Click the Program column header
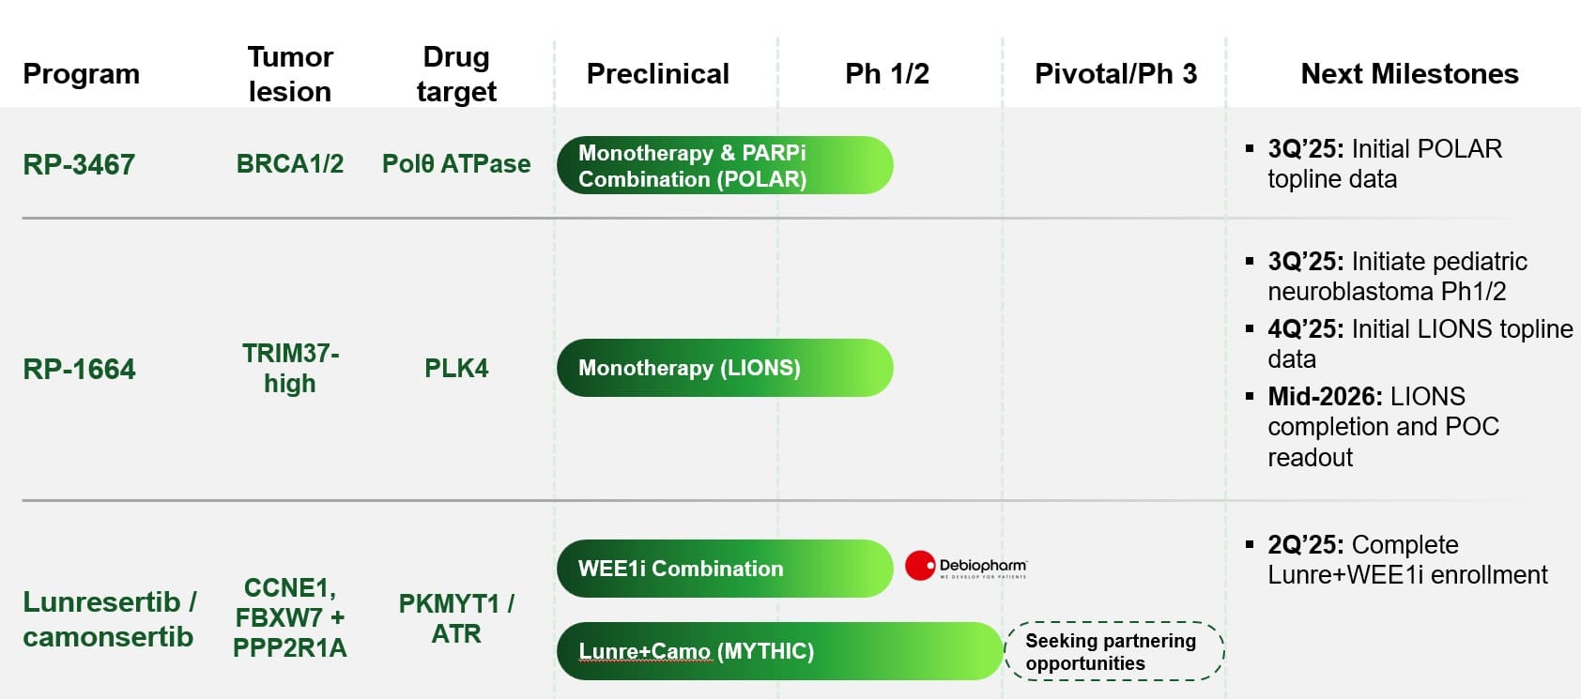81,74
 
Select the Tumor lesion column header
290,74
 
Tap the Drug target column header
456,74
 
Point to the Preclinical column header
658,74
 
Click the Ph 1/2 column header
887,74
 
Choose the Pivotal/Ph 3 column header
1116,74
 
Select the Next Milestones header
1409,74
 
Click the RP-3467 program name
79,165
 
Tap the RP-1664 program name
79,369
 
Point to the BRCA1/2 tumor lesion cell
290,163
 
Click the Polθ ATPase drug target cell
456,163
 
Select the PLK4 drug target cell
456,368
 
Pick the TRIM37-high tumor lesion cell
290,368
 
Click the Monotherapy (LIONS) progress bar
725,368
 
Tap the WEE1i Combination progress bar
725,569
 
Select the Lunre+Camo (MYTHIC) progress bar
780,651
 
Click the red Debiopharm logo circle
920,566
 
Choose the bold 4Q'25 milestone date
1306,329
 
